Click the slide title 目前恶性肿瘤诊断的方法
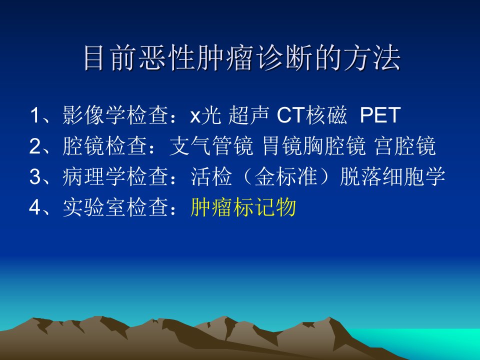[x=242, y=57]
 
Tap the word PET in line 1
[x=380, y=115]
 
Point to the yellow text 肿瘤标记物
[x=243, y=207]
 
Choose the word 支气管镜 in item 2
[x=211, y=145]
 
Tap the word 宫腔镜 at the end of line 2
[x=405, y=145]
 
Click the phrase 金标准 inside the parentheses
[x=285, y=176]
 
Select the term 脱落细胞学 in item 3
[x=392, y=176]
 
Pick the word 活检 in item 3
[x=211, y=176]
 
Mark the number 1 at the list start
[x=34, y=115]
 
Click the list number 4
[x=34, y=207]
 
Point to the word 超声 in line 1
[x=248, y=115]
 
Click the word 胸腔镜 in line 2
[x=334, y=145]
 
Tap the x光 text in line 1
[x=205, y=115]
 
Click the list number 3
[x=34, y=177]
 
